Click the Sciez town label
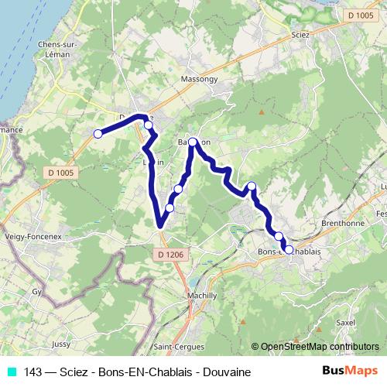click(x=301, y=35)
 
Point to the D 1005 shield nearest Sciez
click(x=360, y=15)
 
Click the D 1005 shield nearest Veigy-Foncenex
click(x=59, y=173)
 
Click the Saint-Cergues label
click(x=175, y=346)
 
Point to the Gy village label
click(x=36, y=293)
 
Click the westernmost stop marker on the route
click(x=98, y=134)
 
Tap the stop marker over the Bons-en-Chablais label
click(x=289, y=249)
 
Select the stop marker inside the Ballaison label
click(x=193, y=142)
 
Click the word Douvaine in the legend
click(x=228, y=372)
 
